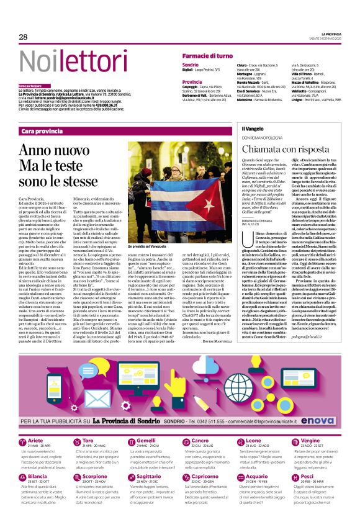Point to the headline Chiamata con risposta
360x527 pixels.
(x=280, y=150)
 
